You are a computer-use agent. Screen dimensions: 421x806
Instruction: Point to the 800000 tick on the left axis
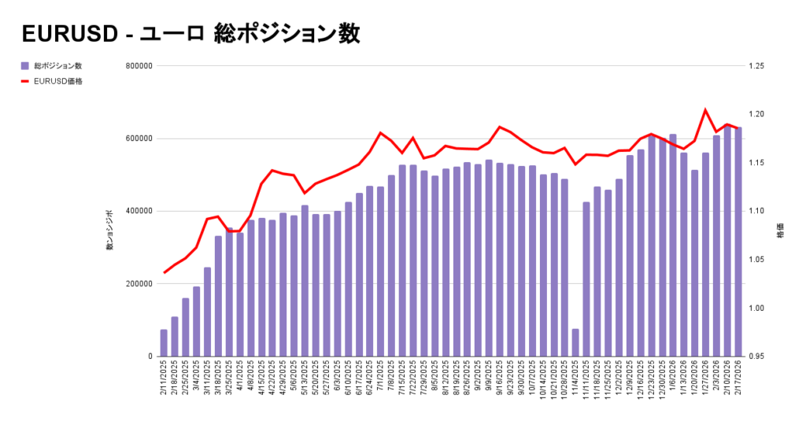pyautogui.click(x=138, y=66)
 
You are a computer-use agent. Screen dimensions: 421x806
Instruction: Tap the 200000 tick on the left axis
pyautogui.click(x=138, y=284)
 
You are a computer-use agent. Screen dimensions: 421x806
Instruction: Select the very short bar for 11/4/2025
pyautogui.click(x=575, y=342)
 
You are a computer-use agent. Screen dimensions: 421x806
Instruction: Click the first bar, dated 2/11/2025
pyautogui.click(x=164, y=343)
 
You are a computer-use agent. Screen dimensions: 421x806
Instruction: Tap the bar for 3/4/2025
pyautogui.click(x=197, y=322)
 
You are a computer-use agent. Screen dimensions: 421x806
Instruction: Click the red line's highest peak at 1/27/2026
pyautogui.click(x=705, y=110)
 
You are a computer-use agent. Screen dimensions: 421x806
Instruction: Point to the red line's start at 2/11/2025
pyautogui.click(x=164, y=272)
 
